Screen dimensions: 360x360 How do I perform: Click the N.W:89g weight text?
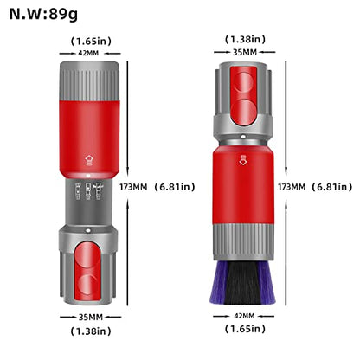coord(43,14)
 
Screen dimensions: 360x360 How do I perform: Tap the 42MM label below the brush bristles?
coord(244,316)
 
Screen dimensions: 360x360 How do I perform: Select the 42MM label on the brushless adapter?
coord(88,54)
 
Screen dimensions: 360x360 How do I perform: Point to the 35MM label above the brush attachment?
coord(245,52)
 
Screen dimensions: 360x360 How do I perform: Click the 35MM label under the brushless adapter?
coord(91,318)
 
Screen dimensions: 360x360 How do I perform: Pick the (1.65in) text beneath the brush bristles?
coord(245,329)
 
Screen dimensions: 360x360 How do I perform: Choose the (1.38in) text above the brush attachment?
coord(245,39)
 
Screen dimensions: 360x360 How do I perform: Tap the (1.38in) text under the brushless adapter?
coord(91,331)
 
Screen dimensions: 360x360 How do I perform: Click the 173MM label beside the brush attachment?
coord(292,187)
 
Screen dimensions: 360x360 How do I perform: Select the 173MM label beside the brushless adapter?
coord(133,187)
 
